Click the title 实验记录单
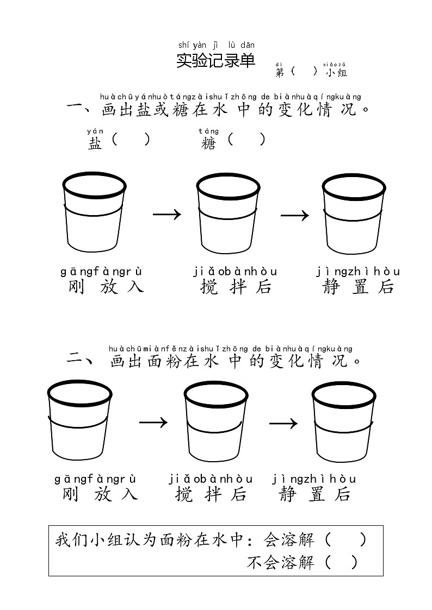(x=215, y=61)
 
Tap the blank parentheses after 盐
(x=131, y=140)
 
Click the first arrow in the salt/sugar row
(x=166, y=214)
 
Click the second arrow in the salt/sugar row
(x=294, y=215)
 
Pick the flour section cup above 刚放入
(x=79, y=419)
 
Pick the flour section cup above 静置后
(x=343, y=419)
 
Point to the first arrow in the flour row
(x=153, y=422)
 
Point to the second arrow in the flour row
(x=283, y=423)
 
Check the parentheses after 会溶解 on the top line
(x=345, y=540)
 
